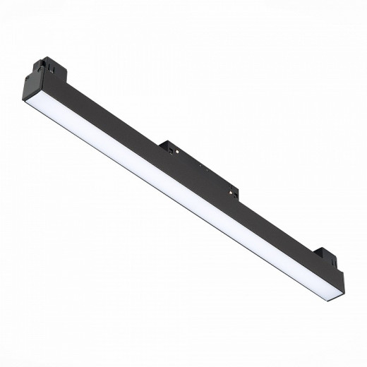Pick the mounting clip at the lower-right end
[x=328, y=257]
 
